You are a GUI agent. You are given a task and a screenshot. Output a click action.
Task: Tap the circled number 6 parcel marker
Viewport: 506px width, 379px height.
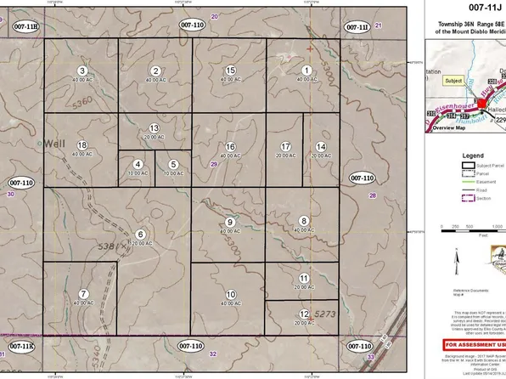coord(141,234)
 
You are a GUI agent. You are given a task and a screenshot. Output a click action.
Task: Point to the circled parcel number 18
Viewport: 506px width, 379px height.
coord(82,146)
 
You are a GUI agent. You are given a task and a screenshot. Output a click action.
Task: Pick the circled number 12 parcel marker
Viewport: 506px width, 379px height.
coord(305,314)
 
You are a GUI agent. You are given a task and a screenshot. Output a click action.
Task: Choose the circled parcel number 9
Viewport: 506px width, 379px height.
coord(229,222)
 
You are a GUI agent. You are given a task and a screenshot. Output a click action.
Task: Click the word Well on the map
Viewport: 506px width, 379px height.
coord(55,142)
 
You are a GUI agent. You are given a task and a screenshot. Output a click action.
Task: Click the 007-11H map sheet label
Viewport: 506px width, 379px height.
coord(26,28)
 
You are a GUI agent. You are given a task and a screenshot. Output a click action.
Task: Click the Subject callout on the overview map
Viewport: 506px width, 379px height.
coord(454,81)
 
